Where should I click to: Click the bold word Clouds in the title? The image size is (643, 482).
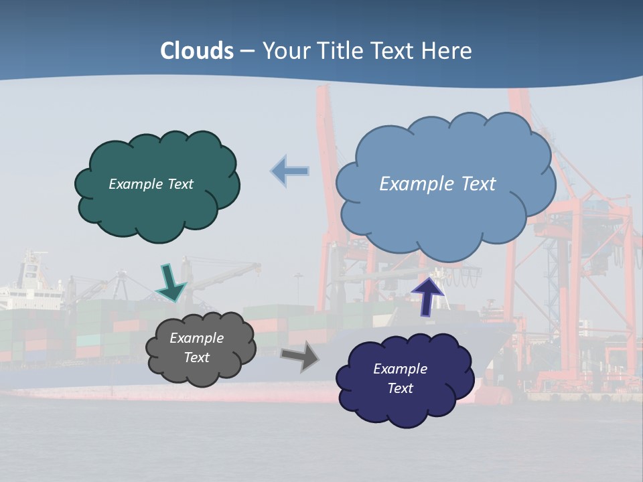197,51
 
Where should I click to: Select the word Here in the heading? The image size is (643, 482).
447,51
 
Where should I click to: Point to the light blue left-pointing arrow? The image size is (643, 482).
291,171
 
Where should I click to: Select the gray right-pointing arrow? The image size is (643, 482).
300,357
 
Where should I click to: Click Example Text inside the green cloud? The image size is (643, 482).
151,184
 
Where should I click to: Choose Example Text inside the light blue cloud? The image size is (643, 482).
437,184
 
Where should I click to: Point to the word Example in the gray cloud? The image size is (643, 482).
196,338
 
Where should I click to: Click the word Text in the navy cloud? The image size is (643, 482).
401,389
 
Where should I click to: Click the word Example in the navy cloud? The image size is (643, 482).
400,369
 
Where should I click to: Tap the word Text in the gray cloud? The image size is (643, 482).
197,357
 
